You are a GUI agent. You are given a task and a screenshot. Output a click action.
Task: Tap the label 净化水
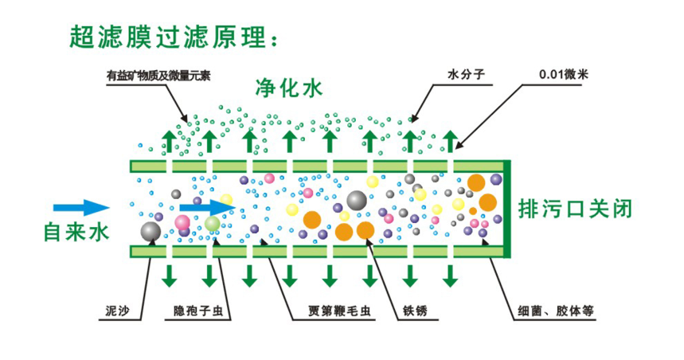pyautogui.click(x=289, y=88)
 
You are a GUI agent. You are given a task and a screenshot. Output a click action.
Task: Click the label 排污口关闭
pyautogui.click(x=575, y=209)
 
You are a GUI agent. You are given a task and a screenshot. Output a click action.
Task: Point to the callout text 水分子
pyautogui.click(x=466, y=76)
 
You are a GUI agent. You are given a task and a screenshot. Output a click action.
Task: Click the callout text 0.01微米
pyautogui.click(x=564, y=75)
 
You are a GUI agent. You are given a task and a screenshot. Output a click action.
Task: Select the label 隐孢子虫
pyautogui.click(x=202, y=309)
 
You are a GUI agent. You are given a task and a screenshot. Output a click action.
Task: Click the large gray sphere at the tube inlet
pyautogui.click(x=150, y=231)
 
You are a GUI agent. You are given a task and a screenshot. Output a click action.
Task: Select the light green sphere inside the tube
pyautogui.click(x=212, y=224)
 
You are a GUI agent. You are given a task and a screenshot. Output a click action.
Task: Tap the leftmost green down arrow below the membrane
pyautogui.click(x=169, y=275)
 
